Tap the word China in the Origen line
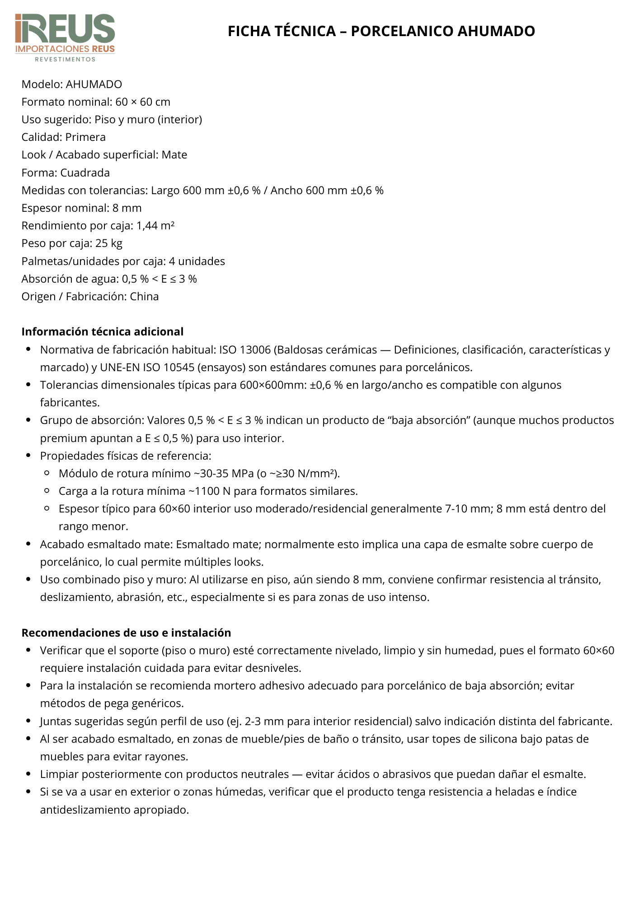point(144,297)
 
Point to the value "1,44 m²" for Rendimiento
point(155,226)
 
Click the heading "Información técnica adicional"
point(103,332)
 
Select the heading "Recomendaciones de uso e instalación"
point(126,633)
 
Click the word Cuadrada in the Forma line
point(85,173)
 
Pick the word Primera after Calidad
point(85,137)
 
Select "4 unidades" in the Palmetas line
point(197,261)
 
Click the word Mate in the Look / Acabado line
point(174,155)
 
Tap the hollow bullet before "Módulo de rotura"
point(47,473)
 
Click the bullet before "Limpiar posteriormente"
point(28,774)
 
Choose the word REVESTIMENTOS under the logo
point(65,59)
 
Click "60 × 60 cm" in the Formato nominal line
point(143,102)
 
